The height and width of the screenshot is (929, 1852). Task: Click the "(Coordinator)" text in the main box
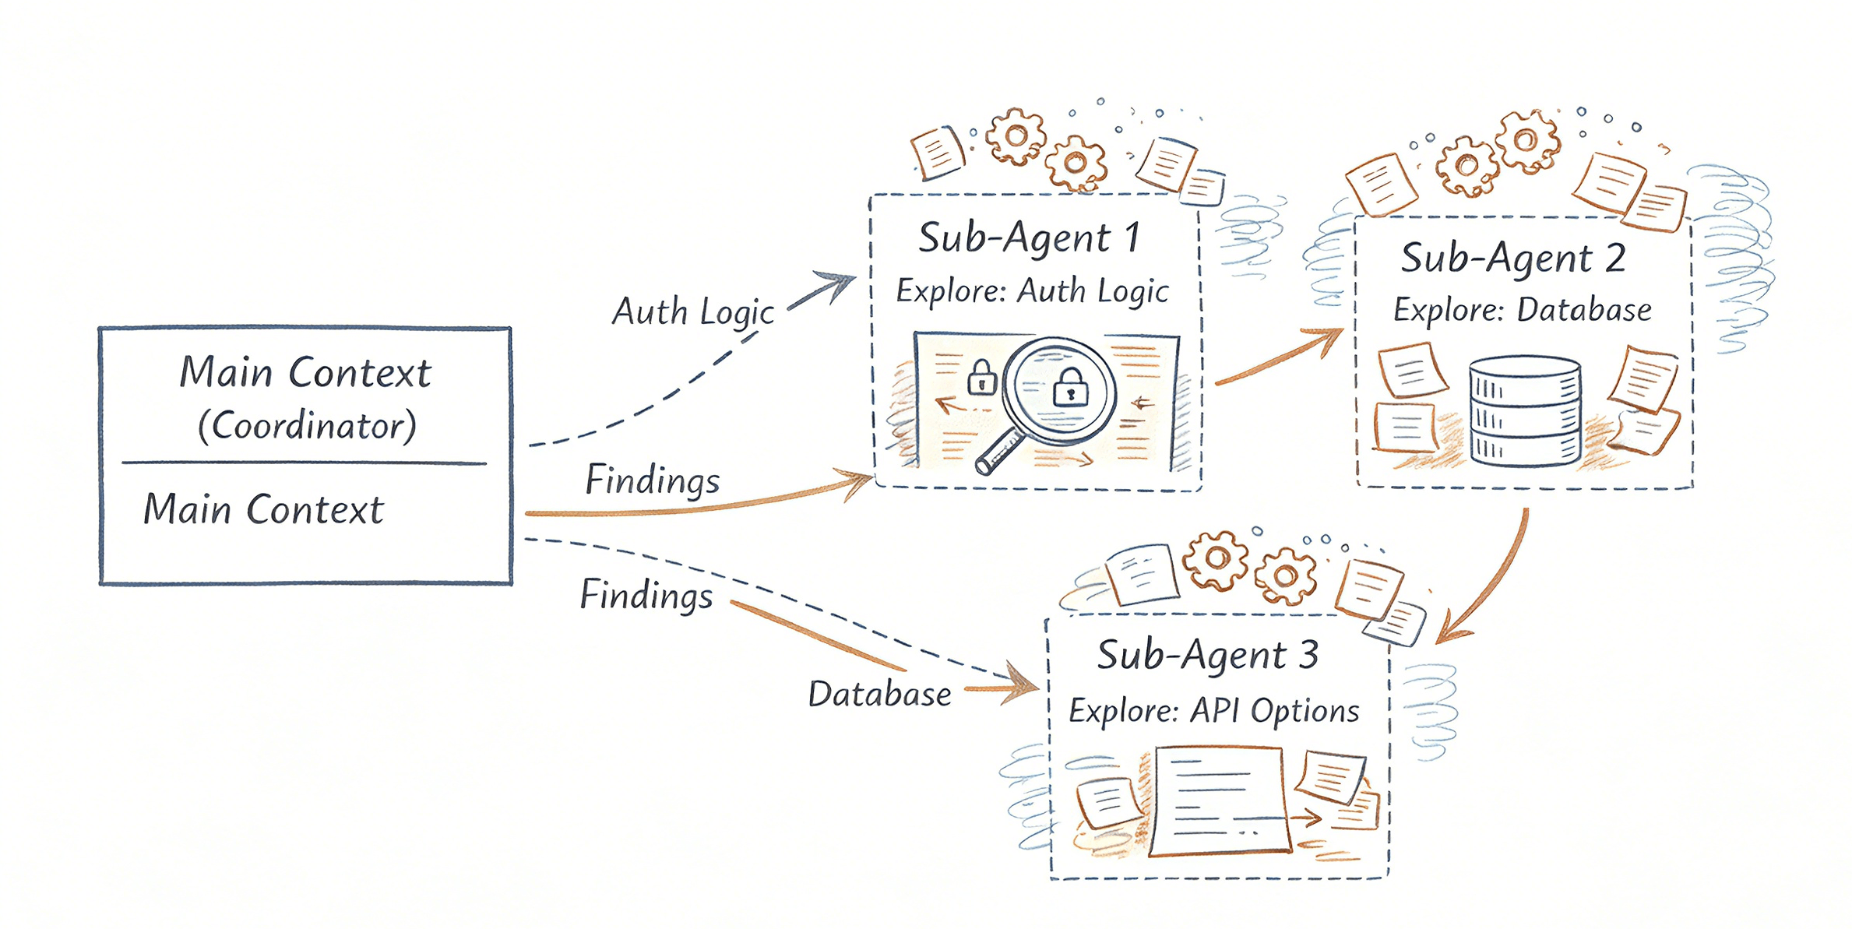[x=307, y=425]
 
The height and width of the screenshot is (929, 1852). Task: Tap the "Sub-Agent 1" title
[x=1029, y=238]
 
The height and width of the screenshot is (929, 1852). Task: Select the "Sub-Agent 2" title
[x=1512, y=258]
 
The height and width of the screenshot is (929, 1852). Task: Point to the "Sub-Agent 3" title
[x=1207, y=654]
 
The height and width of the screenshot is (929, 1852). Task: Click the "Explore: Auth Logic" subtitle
[x=1032, y=291]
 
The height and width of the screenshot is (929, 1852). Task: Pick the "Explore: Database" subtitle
[x=1522, y=310]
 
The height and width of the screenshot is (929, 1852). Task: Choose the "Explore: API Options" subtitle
[x=1213, y=710]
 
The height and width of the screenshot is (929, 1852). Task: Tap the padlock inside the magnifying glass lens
[x=1071, y=386]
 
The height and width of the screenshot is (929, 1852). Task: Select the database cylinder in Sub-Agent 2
[x=1525, y=410]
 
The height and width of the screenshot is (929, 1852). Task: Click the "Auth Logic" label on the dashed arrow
[x=693, y=312]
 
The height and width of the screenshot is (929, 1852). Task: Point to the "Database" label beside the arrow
[x=879, y=694]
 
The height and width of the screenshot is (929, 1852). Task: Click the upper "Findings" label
[x=653, y=480]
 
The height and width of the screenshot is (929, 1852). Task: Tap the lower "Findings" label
[x=646, y=595]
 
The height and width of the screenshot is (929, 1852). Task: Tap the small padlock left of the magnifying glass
[x=982, y=378]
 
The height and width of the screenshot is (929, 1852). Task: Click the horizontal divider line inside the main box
[x=304, y=463]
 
